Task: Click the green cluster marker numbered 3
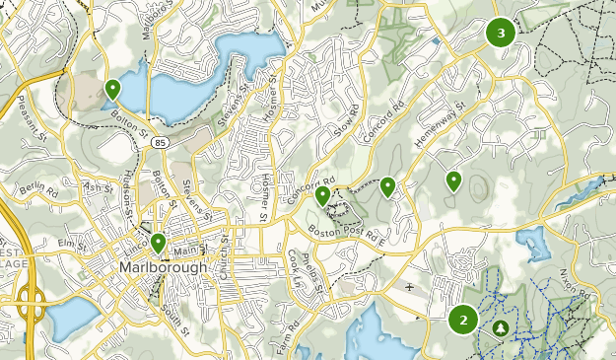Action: pyautogui.click(x=501, y=33)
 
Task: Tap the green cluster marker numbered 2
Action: pyautogui.click(x=463, y=319)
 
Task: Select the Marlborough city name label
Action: pyautogui.click(x=163, y=267)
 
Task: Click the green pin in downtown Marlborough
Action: pyautogui.click(x=158, y=242)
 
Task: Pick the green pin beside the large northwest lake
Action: pyautogui.click(x=112, y=89)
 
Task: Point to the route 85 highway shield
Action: pyautogui.click(x=159, y=143)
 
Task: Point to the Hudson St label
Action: pyautogui.click(x=128, y=197)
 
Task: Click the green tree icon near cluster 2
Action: pyautogui.click(x=500, y=326)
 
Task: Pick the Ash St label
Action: pyautogui.click(x=99, y=186)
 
